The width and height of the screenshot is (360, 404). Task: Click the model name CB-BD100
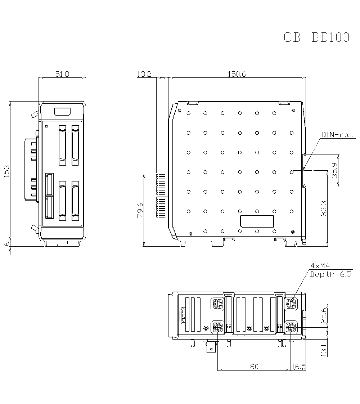[x=316, y=37]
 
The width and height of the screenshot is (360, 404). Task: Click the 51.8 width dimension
[x=62, y=74]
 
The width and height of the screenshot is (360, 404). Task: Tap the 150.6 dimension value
[x=237, y=74]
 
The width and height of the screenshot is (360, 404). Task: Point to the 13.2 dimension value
[x=144, y=74]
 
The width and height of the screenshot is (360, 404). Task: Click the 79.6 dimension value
[x=140, y=210]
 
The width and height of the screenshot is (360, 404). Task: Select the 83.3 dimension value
[x=324, y=208]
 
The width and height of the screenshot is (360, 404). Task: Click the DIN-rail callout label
[x=337, y=135]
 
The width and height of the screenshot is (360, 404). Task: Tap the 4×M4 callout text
[x=320, y=266]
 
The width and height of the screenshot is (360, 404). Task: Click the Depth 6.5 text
[x=331, y=274]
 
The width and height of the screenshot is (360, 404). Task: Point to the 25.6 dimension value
[x=324, y=315]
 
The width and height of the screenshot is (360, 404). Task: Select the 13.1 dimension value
[x=324, y=350]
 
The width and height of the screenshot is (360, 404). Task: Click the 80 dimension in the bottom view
[x=254, y=367]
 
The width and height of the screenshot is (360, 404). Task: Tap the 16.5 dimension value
[x=298, y=367]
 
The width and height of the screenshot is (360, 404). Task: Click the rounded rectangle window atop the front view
[x=62, y=112]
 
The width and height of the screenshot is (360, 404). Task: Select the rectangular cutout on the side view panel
[x=257, y=221]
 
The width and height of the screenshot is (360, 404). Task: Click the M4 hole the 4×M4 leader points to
[x=291, y=304]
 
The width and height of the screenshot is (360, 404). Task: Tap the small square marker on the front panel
[x=46, y=126]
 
